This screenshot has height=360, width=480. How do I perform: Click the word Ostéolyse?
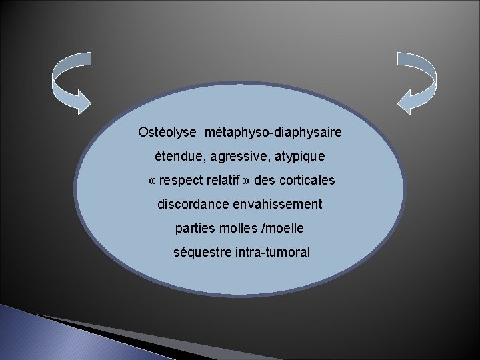pos(167,133)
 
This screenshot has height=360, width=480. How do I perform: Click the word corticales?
pos(308,181)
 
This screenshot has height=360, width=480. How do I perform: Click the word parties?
pos(193,229)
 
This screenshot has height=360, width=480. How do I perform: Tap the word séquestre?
pos(199,253)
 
